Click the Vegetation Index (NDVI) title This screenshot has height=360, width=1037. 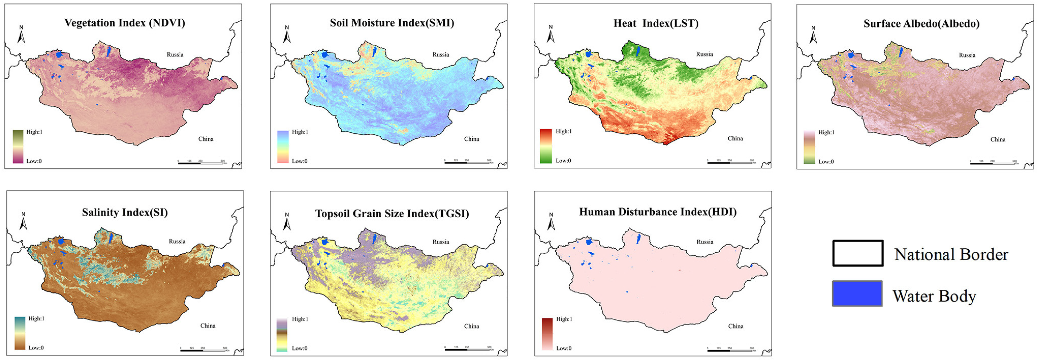click(x=125, y=23)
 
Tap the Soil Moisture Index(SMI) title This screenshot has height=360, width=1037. click(x=392, y=23)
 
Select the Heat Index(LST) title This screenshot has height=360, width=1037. click(x=656, y=23)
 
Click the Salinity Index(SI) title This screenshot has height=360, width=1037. click(x=125, y=212)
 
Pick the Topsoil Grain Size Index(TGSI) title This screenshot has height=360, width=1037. click(x=392, y=214)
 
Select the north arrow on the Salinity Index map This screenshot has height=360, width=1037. click(x=23, y=221)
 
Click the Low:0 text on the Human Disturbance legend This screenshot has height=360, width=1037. click(x=563, y=348)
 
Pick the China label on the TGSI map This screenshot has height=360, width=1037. click(x=471, y=326)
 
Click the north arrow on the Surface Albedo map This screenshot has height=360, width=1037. click(x=813, y=35)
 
